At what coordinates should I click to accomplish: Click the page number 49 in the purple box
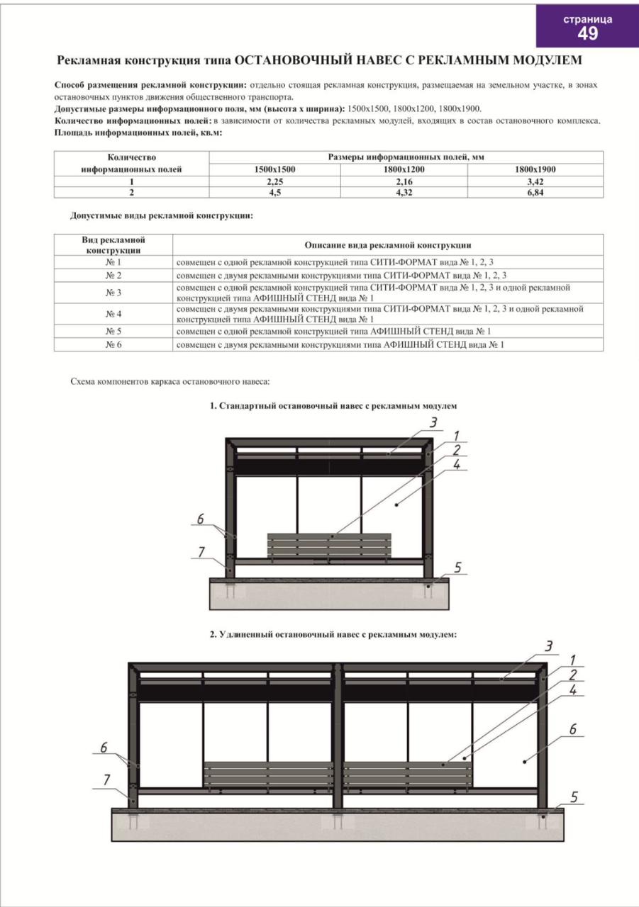587,33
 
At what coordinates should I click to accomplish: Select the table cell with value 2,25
274,182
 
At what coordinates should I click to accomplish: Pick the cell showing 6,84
535,192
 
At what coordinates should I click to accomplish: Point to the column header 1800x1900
535,169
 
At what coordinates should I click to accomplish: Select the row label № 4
113,313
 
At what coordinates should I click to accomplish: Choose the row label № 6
113,344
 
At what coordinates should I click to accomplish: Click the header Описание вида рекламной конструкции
388,244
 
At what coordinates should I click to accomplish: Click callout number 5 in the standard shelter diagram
457,567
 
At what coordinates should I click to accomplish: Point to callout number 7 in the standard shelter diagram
201,551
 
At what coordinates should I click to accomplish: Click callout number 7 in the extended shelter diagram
106,779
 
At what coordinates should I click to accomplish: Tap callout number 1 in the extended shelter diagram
572,660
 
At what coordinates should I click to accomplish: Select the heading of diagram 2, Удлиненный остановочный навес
333,635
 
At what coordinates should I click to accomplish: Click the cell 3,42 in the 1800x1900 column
535,182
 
